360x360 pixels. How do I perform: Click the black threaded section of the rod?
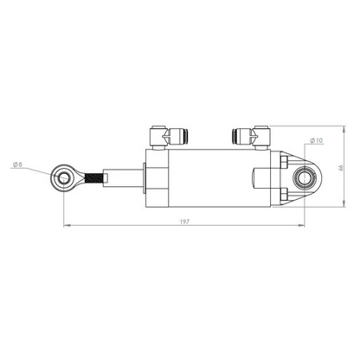tap(93, 179)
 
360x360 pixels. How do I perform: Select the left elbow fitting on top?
tap(158, 136)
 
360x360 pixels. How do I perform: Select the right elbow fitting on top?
tap(242, 135)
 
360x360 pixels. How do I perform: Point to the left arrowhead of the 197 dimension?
tap(67, 228)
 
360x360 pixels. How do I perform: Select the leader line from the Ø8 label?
tap(40, 170)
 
